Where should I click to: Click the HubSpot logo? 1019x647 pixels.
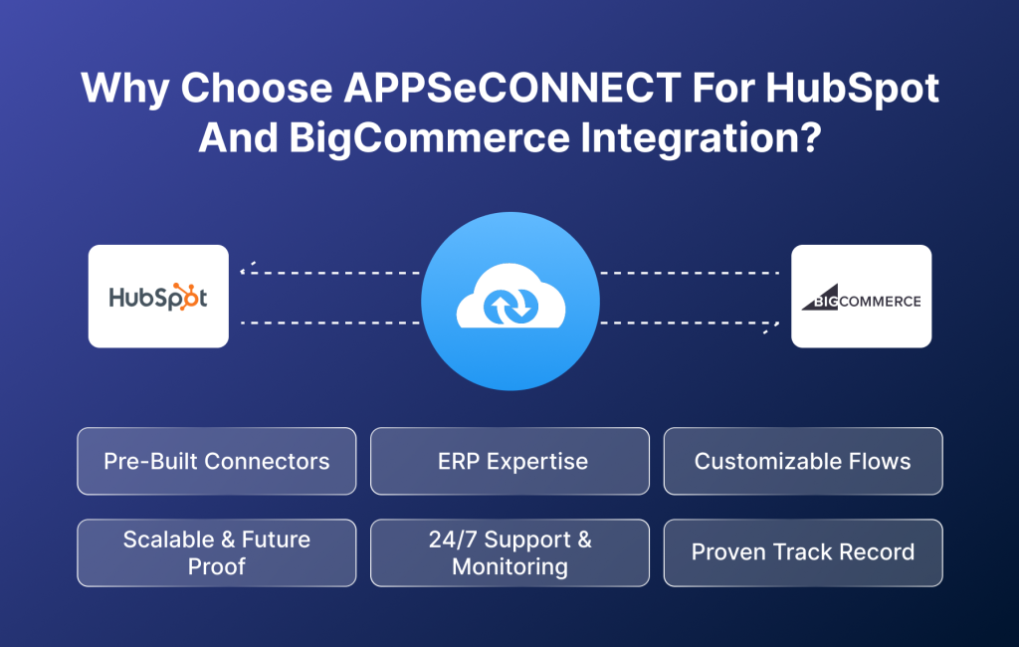point(158,297)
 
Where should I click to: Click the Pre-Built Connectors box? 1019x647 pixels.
point(216,461)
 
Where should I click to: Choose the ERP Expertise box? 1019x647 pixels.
point(509,461)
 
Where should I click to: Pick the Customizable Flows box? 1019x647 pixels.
point(802,461)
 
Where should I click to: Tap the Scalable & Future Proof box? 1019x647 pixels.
point(216,552)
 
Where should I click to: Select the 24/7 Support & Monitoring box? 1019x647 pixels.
point(509,552)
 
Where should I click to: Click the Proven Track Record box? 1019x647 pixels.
point(802,552)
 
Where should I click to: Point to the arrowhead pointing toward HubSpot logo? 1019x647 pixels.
point(246,268)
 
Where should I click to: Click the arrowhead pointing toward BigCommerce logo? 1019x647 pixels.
point(771,326)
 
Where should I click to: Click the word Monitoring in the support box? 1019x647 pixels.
point(509,567)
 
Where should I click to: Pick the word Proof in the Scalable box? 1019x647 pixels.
point(216,567)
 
